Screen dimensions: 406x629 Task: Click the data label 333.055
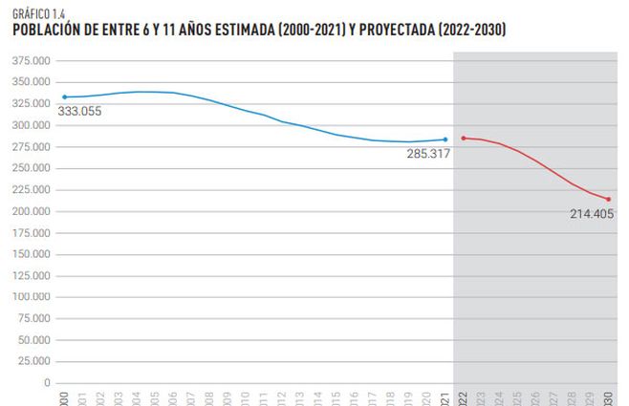pos(79,111)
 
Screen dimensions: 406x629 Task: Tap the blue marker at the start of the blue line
pos(64,97)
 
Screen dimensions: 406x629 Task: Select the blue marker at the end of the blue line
pos(445,139)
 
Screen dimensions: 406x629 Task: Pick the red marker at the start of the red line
pos(464,139)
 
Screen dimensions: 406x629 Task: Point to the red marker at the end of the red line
pos(608,200)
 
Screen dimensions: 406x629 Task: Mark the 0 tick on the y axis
pos(48,382)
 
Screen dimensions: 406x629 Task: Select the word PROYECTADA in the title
pos(390,31)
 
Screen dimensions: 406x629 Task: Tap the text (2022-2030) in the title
pos(469,31)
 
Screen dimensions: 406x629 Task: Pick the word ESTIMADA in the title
pos(238,31)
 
